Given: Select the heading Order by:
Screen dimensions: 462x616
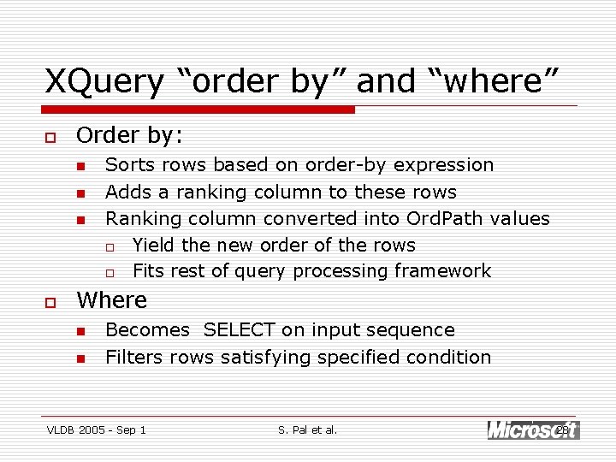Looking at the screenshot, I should pyautogui.click(x=129, y=135).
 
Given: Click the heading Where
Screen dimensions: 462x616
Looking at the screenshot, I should pyautogui.click(x=111, y=300).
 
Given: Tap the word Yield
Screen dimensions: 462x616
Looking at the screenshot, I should pyautogui.click(x=154, y=245).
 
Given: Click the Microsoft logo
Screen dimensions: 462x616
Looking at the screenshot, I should pyautogui.click(x=522, y=429).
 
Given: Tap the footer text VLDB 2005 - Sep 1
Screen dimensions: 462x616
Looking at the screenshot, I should pyautogui.click(x=97, y=429).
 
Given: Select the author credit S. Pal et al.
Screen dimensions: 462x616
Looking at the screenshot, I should pyautogui.click(x=308, y=429).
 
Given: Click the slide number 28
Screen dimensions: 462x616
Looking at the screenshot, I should pyautogui.click(x=563, y=429).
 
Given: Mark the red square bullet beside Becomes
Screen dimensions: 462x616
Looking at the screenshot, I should pyautogui.click(x=80, y=331).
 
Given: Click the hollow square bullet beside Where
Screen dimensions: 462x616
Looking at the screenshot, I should pyautogui.click(x=50, y=302).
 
